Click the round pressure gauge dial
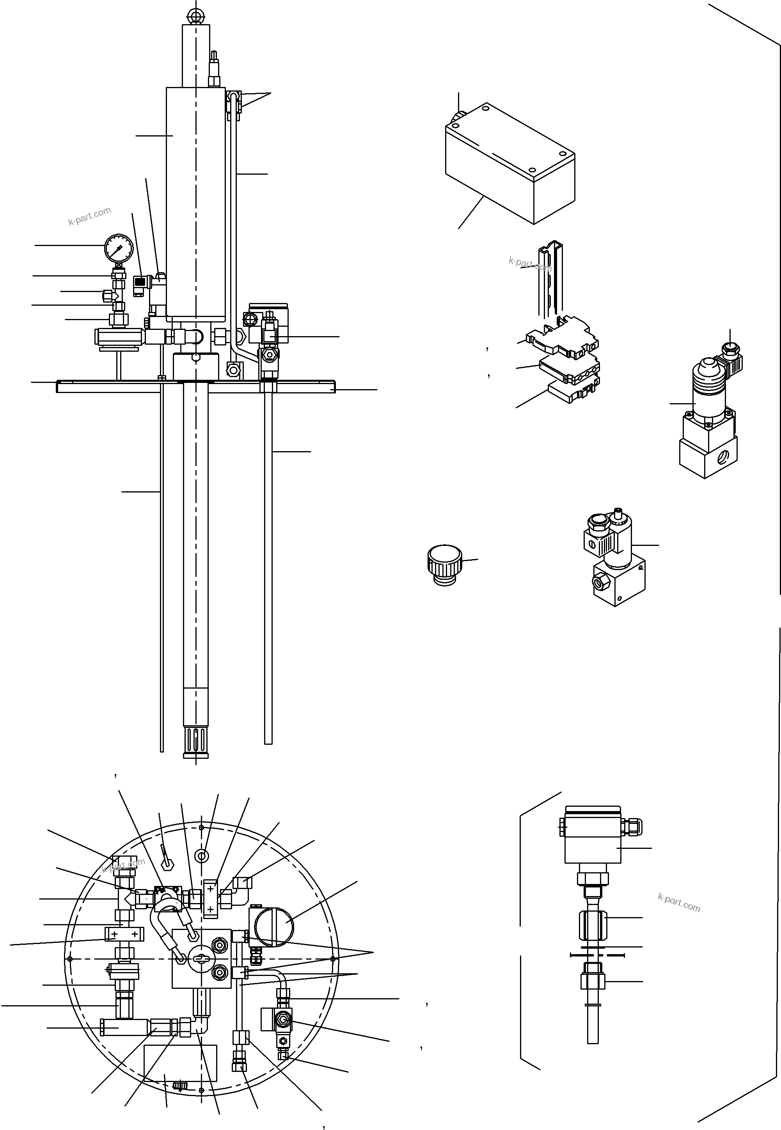coord(119,248)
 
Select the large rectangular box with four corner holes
coord(509,166)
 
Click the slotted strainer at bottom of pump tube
coord(196,742)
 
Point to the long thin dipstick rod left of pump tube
coord(162,562)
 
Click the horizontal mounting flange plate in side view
coord(196,386)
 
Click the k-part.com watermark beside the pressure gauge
coord(90,216)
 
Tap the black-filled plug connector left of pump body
coord(140,282)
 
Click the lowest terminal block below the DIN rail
coord(573,392)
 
